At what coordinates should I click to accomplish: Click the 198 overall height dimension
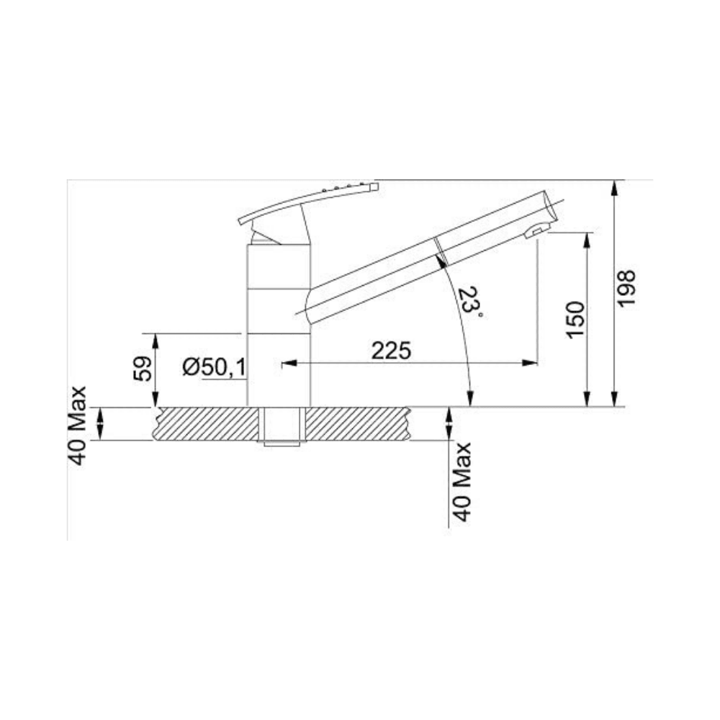tap(626, 289)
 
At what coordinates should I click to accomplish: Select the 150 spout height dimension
tap(575, 320)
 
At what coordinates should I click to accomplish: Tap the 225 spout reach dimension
tap(391, 351)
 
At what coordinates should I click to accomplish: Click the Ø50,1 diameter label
tap(214, 367)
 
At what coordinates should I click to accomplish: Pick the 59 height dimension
tap(143, 368)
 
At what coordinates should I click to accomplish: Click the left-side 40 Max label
tap(77, 426)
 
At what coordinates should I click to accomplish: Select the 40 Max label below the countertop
tap(462, 482)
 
